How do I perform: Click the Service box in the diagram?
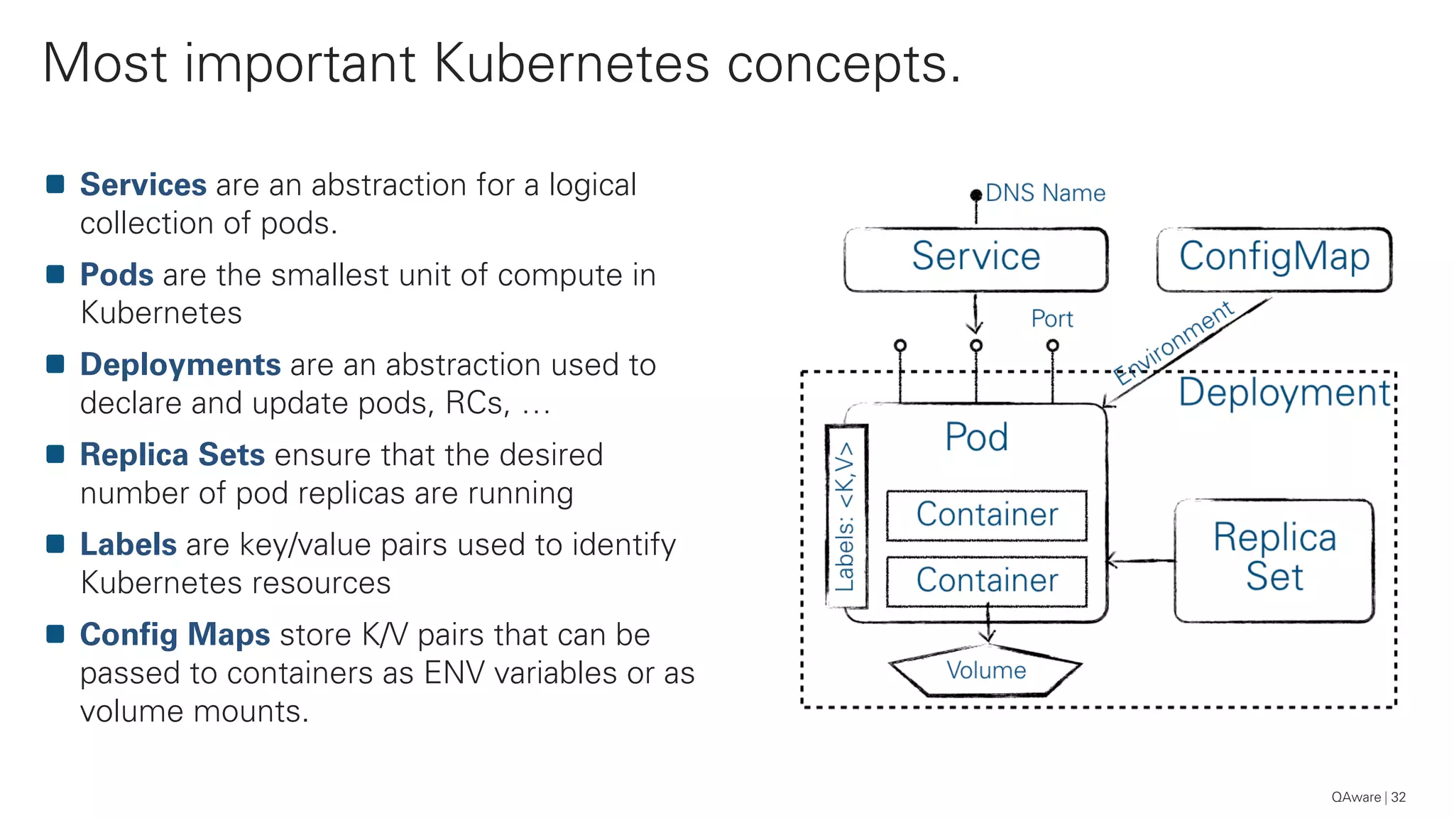click(975, 259)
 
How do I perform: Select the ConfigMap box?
click(1274, 259)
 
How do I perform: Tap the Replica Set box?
click(1274, 560)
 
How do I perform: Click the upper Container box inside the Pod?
click(986, 515)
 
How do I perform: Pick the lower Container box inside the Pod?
click(986, 581)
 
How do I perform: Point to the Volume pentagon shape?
click(985, 671)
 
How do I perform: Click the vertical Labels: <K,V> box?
click(846, 516)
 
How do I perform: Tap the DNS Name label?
click(1045, 193)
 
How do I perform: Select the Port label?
click(1051, 319)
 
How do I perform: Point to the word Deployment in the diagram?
click(1284, 393)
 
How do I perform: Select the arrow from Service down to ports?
click(975, 314)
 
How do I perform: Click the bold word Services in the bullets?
click(143, 185)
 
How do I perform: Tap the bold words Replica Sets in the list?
click(173, 454)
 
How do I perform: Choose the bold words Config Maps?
click(175, 635)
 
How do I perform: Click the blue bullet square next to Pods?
click(55, 274)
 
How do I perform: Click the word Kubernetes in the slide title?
click(571, 64)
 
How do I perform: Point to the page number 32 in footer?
click(1398, 797)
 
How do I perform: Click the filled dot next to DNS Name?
click(976, 195)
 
